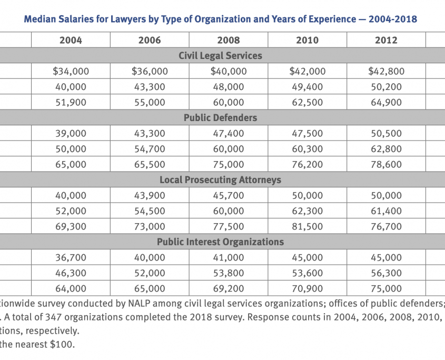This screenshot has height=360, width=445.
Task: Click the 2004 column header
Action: click(71, 40)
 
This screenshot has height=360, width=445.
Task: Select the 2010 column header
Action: click(308, 40)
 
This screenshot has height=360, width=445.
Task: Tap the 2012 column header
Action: click(386, 40)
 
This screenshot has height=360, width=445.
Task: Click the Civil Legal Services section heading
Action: click(220, 55)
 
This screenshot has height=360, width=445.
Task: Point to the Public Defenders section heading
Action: click(220, 117)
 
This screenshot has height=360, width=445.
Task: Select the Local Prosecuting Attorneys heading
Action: click(220, 179)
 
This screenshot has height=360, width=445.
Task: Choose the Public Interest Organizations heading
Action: click(220, 242)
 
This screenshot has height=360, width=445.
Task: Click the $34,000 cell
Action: click(71, 71)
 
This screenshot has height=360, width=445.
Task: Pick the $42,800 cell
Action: click(386, 71)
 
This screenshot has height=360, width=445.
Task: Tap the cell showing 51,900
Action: click(71, 102)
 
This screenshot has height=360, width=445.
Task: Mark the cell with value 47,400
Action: click(228, 133)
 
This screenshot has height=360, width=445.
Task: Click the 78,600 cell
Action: click(386, 164)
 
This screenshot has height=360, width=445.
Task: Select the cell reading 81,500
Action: click(308, 226)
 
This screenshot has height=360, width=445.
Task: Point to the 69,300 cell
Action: click(71, 226)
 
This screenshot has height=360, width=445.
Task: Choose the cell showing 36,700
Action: click(71, 257)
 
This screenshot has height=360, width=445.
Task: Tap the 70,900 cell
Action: click(308, 288)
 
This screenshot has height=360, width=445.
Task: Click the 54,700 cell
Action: click(150, 149)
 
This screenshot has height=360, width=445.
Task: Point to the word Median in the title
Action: click(39, 19)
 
